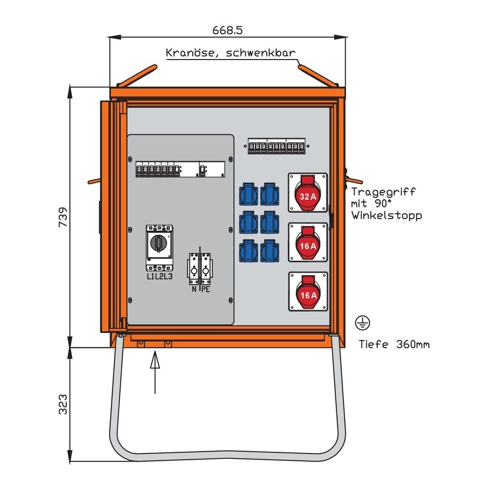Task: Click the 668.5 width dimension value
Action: (x=228, y=30)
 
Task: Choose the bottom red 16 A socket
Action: (x=308, y=292)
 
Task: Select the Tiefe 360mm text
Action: (x=394, y=344)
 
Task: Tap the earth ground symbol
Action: (x=362, y=324)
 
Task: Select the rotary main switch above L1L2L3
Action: (x=159, y=245)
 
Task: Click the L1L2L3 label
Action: (x=160, y=276)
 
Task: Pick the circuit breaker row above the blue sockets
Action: (x=276, y=146)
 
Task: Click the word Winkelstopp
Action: (x=386, y=216)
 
